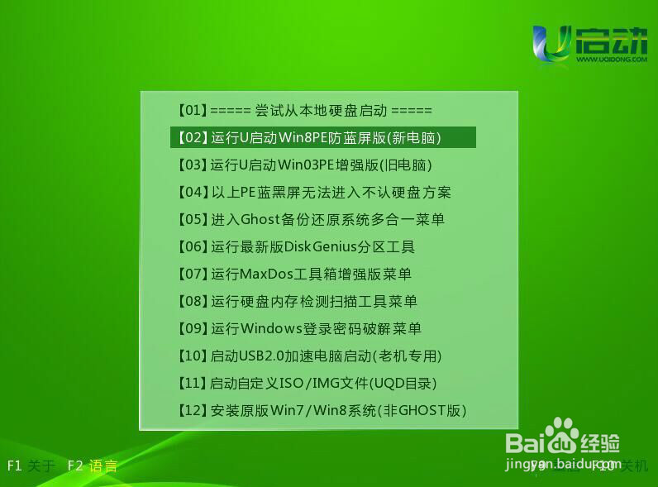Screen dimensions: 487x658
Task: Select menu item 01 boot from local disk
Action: (305, 110)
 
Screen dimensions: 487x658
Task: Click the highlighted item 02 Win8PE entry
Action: (322, 137)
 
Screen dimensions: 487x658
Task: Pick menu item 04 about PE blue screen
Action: (314, 192)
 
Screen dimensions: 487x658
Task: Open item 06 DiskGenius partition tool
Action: (296, 246)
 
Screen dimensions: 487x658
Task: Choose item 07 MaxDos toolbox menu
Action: (294, 274)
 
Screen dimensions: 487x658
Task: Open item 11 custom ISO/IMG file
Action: (307, 383)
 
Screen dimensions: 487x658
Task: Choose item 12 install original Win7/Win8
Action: (322, 410)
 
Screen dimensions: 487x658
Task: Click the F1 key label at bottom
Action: (14, 466)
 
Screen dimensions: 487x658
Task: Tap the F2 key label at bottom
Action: (76, 466)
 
